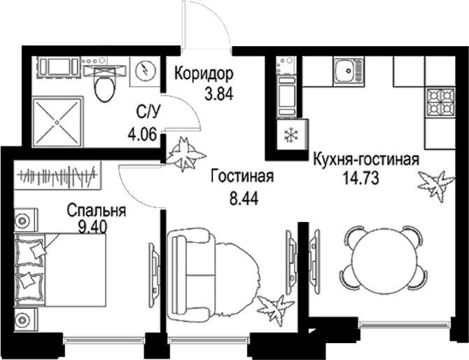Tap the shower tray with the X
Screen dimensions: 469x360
57,121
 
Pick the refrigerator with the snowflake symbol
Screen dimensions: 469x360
292,134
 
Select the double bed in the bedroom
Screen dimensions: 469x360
60,270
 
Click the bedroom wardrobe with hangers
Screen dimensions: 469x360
57,175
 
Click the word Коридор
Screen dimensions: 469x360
204,74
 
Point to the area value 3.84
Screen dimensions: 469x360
218,94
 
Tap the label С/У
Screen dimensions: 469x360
148,113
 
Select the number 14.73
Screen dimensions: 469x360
360,178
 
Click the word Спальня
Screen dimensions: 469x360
96,211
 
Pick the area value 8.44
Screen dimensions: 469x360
244,198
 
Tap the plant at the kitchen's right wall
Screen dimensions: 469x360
436,185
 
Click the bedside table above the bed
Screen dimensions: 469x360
26,220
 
